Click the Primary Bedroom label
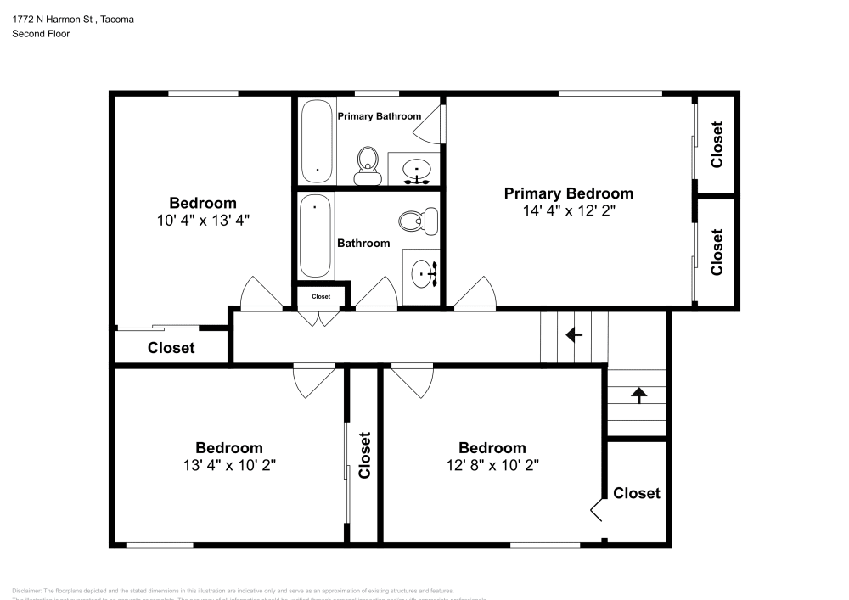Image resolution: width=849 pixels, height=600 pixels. click(569, 193)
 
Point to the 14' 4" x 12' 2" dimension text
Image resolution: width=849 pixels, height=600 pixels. click(569, 211)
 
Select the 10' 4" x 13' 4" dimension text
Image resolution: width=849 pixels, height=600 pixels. click(203, 220)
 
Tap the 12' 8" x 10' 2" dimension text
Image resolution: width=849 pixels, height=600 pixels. click(492, 465)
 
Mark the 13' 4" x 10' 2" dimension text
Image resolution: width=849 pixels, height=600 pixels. click(229, 465)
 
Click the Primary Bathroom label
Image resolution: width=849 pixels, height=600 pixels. click(379, 116)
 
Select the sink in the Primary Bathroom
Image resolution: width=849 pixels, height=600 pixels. click(416, 169)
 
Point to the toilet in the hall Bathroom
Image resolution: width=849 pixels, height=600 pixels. click(413, 222)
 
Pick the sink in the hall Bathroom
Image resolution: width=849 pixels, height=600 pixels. click(422, 273)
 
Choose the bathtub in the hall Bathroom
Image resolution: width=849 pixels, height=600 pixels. click(315, 235)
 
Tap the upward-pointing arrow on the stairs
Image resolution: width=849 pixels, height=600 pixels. click(638, 394)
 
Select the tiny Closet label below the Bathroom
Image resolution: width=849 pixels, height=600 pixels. click(321, 296)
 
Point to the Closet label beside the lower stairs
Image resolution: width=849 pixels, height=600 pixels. click(637, 493)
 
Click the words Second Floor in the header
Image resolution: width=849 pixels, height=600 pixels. click(41, 34)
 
